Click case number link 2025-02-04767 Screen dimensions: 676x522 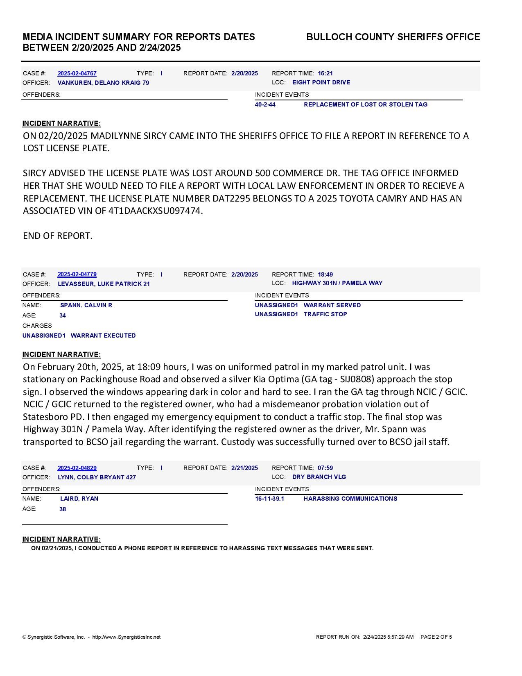[77, 73]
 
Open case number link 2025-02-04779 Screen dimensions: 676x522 [77, 274]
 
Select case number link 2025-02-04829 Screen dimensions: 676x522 [77, 468]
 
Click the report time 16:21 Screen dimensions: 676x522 [325, 73]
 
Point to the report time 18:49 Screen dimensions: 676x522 [325, 274]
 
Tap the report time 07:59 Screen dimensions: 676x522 [325, 468]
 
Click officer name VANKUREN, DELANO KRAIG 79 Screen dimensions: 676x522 [103, 83]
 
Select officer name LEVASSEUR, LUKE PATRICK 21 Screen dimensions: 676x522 [104, 284]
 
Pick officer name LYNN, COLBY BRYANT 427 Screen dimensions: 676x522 [97, 477]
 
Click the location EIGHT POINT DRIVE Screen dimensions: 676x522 [321, 82]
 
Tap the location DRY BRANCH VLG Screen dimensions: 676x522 [319, 477]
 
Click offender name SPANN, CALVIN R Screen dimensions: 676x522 [86, 305]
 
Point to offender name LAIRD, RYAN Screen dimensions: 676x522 [79, 499]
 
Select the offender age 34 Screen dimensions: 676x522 [63, 315]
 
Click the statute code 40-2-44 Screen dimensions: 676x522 [265, 104]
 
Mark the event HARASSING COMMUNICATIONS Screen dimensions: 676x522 [350, 499]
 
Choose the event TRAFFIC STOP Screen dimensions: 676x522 [325, 314]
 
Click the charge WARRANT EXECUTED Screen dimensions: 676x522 [103, 336]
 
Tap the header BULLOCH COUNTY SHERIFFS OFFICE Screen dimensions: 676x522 [393, 37]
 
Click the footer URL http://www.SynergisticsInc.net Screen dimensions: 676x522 [126, 637]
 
